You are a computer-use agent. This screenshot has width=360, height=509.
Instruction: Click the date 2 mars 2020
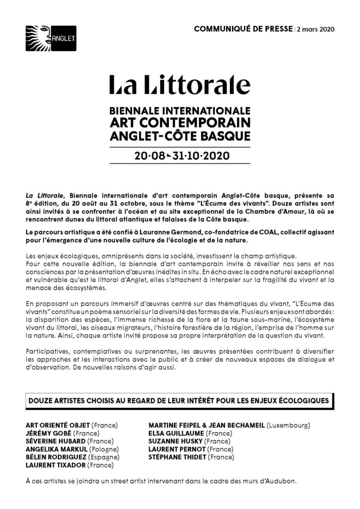(315, 29)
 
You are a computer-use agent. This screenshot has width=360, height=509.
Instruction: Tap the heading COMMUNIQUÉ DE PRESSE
(242, 29)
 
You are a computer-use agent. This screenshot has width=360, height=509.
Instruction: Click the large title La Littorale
(180, 85)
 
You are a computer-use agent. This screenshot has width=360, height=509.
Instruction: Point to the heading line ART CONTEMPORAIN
(180, 122)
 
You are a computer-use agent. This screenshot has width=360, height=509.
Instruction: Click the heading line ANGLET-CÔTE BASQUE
(180, 135)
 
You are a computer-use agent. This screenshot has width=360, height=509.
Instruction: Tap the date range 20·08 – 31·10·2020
(180, 156)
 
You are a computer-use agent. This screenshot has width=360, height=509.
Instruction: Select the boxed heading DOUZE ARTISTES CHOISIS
(180, 400)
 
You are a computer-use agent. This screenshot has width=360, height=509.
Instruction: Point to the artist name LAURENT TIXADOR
(55, 465)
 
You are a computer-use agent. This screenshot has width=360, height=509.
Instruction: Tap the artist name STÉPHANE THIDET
(178, 457)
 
